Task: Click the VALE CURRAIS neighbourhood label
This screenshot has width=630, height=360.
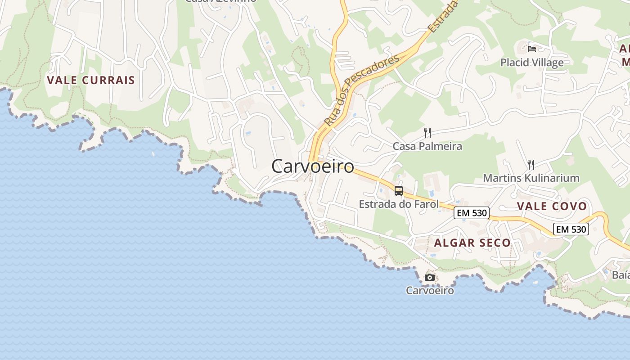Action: coord(91,81)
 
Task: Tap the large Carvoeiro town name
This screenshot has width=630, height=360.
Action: coord(313,166)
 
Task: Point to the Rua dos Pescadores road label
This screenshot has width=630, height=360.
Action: coord(361,90)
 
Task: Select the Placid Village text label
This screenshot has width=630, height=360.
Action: coord(532,63)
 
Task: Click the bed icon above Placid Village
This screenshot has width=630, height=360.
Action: coord(532,49)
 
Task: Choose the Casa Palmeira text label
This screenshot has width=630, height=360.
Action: coord(427,146)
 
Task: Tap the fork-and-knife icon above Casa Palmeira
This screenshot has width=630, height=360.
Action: coord(427,132)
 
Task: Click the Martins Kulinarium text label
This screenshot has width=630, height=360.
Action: coord(531,178)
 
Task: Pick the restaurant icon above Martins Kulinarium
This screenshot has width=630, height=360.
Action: coord(531,164)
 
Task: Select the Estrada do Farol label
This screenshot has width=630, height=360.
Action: coord(398,204)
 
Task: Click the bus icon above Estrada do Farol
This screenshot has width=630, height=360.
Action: coord(399,190)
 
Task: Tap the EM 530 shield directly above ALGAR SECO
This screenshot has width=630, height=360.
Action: coord(471,213)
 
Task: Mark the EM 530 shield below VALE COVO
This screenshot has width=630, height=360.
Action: coord(571,229)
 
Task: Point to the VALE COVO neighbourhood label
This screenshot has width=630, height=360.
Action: coord(552,207)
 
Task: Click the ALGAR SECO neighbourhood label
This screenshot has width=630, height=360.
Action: coord(472,243)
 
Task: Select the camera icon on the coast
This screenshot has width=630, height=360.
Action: coord(430,277)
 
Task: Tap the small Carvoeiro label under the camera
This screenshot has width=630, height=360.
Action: coord(430,290)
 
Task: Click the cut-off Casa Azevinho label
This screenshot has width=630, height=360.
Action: coord(220,1)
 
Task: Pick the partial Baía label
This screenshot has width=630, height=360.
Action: coord(621,275)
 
